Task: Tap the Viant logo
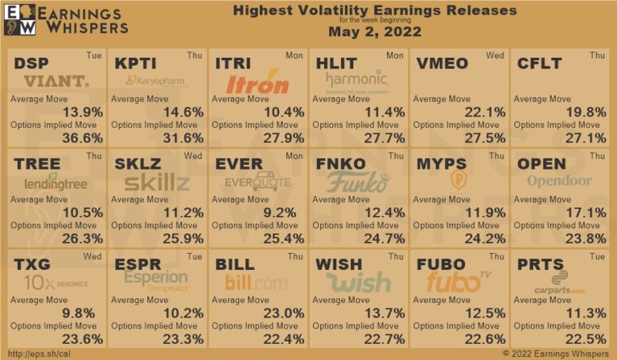[56, 82]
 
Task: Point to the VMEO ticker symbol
[441, 63]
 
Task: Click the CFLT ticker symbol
[539, 63]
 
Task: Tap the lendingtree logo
[56, 184]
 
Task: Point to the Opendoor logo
[560, 182]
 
